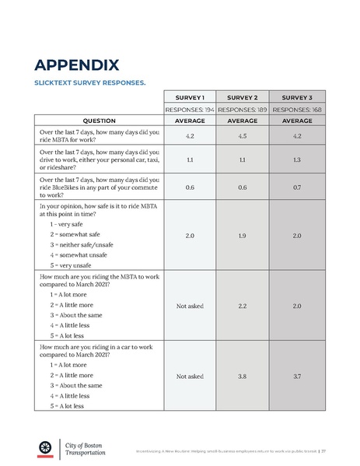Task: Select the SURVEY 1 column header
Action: tap(190, 98)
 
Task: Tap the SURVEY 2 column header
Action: tap(243, 98)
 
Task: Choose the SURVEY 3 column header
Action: tap(297, 98)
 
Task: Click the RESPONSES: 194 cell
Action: tap(190, 110)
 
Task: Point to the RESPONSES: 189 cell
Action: tap(243, 110)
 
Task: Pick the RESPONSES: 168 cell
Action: tap(297, 110)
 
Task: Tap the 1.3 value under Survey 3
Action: tap(297, 159)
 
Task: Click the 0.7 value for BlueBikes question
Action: tap(297, 187)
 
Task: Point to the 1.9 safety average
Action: tap(243, 235)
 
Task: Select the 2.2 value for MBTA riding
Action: tap(243, 306)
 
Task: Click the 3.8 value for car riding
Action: tap(243, 376)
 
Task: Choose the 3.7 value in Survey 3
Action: tap(297, 376)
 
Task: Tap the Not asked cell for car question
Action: tap(190, 376)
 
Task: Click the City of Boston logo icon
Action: tap(45, 447)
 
